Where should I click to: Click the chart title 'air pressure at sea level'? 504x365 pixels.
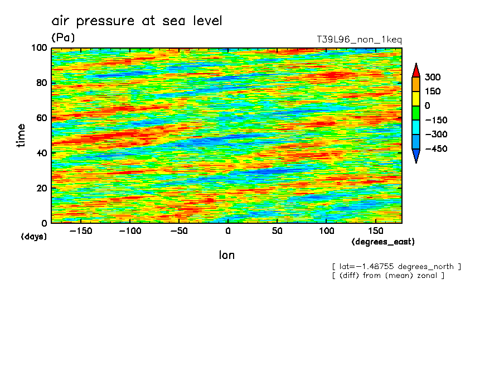(x=137, y=21)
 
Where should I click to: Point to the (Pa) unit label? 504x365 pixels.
(x=63, y=37)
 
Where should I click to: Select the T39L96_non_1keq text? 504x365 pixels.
(x=358, y=40)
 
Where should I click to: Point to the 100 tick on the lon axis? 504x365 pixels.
(x=327, y=230)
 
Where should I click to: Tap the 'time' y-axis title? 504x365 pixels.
(x=21, y=136)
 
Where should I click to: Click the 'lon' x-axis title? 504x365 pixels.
(x=227, y=255)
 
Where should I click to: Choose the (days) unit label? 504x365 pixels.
(x=34, y=237)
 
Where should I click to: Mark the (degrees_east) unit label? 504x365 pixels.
(x=383, y=242)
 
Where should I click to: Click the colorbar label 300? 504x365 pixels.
(x=433, y=77)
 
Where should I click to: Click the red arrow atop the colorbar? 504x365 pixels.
(x=416, y=70)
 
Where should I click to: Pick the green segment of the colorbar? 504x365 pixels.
(x=416, y=113)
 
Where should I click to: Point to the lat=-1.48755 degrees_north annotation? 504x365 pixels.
(x=396, y=266)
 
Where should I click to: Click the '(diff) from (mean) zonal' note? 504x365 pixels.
(x=388, y=275)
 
